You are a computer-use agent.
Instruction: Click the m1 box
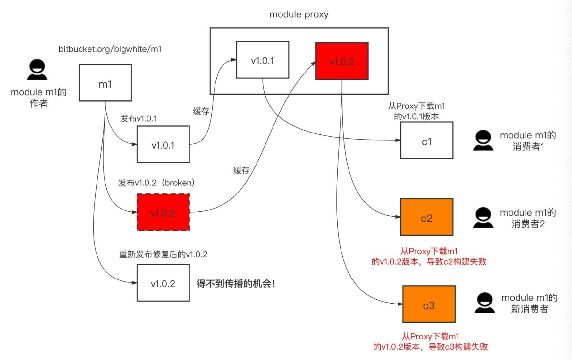pos(105,83)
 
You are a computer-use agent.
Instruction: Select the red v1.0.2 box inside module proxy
pos(342,61)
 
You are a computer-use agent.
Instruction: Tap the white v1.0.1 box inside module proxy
pos(263,60)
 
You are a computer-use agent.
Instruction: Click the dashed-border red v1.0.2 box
pos(163,212)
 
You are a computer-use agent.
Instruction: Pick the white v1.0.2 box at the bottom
pos(163,283)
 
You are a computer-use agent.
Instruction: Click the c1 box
pos(427,141)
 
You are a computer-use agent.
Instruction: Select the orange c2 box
pos(427,217)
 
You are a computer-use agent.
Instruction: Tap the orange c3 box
pos(429,304)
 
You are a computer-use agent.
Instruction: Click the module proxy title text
pos(299,14)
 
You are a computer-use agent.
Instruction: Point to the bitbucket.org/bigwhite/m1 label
pos(110,49)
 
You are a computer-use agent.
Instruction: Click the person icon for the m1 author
pos(37,69)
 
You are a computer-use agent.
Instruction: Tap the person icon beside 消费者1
pos(483,141)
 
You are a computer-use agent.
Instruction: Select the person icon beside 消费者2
pos(483,218)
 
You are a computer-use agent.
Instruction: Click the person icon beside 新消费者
pos(484,303)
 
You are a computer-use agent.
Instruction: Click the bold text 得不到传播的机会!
pos(236,284)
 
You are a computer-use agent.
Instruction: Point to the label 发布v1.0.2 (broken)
pos(156,183)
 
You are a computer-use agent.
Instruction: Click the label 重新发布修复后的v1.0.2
pos(163,254)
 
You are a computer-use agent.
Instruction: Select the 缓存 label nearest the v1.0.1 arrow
pos(201,111)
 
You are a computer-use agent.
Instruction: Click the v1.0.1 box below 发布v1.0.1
pos(163,145)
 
